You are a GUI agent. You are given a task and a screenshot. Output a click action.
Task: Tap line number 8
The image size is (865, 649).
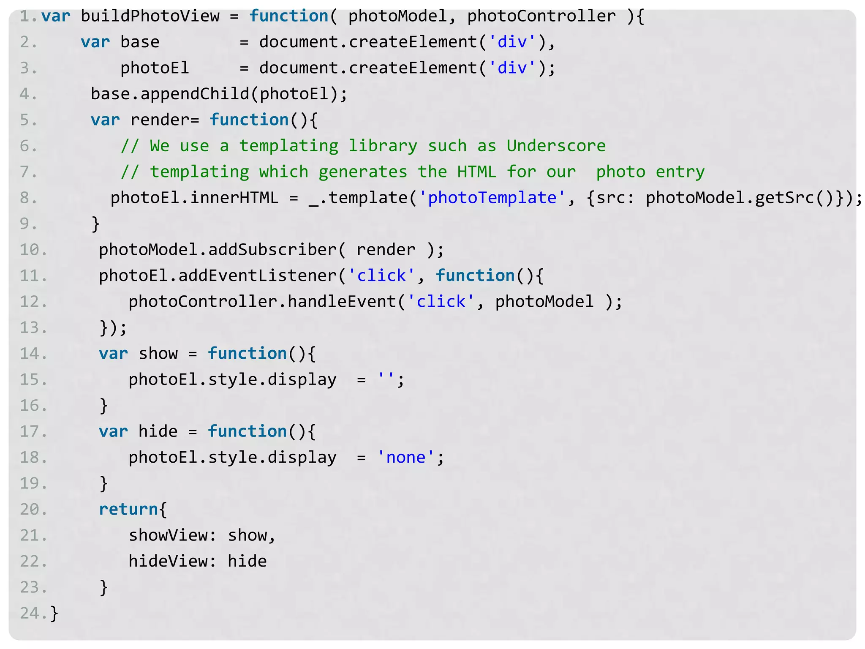tap(28, 198)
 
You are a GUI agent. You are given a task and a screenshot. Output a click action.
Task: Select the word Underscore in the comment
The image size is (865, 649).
tap(556, 146)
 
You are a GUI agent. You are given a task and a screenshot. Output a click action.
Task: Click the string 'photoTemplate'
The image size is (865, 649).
tap(492, 198)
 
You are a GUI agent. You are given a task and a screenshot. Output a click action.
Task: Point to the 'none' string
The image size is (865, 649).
tap(405, 458)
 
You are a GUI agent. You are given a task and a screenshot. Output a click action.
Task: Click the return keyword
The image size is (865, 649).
tap(128, 510)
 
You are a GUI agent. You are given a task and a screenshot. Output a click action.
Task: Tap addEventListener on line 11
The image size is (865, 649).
tap(258, 276)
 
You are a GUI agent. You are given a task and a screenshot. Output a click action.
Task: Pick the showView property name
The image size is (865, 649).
tap(168, 535)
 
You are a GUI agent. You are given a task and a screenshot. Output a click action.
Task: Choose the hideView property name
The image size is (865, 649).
tap(168, 562)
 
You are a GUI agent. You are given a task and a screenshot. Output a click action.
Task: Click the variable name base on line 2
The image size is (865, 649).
tap(140, 42)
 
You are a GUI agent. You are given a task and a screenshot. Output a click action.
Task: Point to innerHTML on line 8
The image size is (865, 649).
tap(234, 198)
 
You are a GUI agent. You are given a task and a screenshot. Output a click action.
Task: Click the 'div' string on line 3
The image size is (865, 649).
tap(512, 68)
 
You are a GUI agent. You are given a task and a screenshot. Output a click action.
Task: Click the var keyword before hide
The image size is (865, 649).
tap(113, 432)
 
